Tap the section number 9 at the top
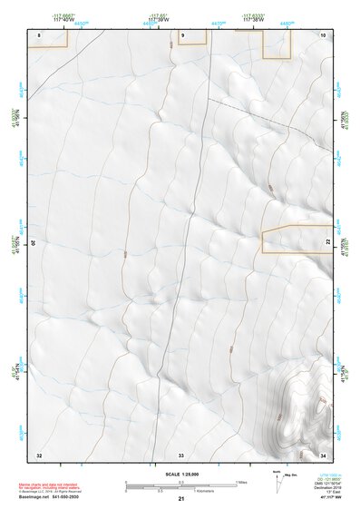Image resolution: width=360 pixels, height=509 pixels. (x=182, y=34)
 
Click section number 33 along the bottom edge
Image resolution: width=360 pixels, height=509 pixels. (x=181, y=454)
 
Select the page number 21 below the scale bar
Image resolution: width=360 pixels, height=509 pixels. (x=181, y=499)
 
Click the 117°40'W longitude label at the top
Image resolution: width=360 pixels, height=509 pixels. (x=63, y=18)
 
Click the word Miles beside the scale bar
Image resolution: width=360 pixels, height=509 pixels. (x=243, y=482)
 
